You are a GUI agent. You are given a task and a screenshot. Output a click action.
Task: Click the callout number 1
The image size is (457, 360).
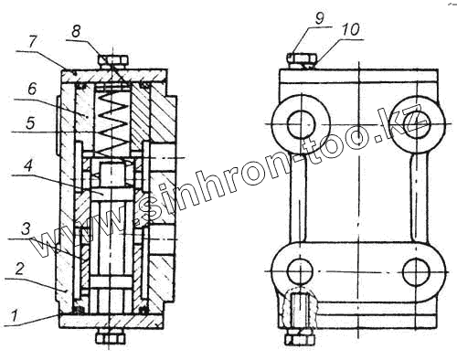(x=14, y=315)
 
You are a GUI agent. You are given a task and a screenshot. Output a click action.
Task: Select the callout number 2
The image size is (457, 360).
(x=19, y=270)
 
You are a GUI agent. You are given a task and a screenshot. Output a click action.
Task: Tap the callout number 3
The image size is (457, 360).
(x=26, y=229)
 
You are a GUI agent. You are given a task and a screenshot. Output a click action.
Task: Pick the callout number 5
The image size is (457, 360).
(x=30, y=123)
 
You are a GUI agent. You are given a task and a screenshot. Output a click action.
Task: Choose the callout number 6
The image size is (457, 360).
(x=31, y=90)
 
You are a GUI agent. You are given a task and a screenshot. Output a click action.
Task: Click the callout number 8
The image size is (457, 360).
(x=76, y=31)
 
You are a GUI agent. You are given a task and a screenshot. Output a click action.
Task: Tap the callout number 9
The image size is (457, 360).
(x=319, y=18)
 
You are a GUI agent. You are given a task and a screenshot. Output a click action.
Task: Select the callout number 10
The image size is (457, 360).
(x=351, y=30)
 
